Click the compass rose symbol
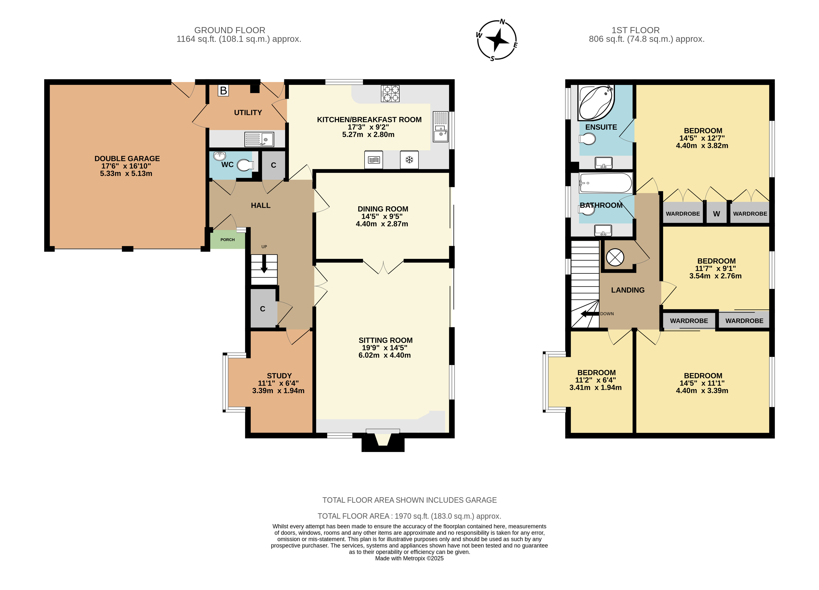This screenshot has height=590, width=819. [x=497, y=40]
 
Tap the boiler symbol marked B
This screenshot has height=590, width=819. [x=223, y=90]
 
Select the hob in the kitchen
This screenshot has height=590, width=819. [x=390, y=93]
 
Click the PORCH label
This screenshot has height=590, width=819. [x=227, y=240]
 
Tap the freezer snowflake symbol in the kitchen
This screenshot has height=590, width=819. [x=409, y=159]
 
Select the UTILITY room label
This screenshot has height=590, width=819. [x=248, y=112]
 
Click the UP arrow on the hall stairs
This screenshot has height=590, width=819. [x=264, y=264]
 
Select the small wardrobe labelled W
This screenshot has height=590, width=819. [x=716, y=214]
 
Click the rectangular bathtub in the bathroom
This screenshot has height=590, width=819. [x=606, y=183]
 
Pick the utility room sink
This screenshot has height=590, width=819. [x=259, y=139]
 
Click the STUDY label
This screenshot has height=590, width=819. [x=279, y=376]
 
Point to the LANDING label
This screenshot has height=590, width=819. [x=628, y=290]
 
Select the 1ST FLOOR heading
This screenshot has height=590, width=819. [x=635, y=30]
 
